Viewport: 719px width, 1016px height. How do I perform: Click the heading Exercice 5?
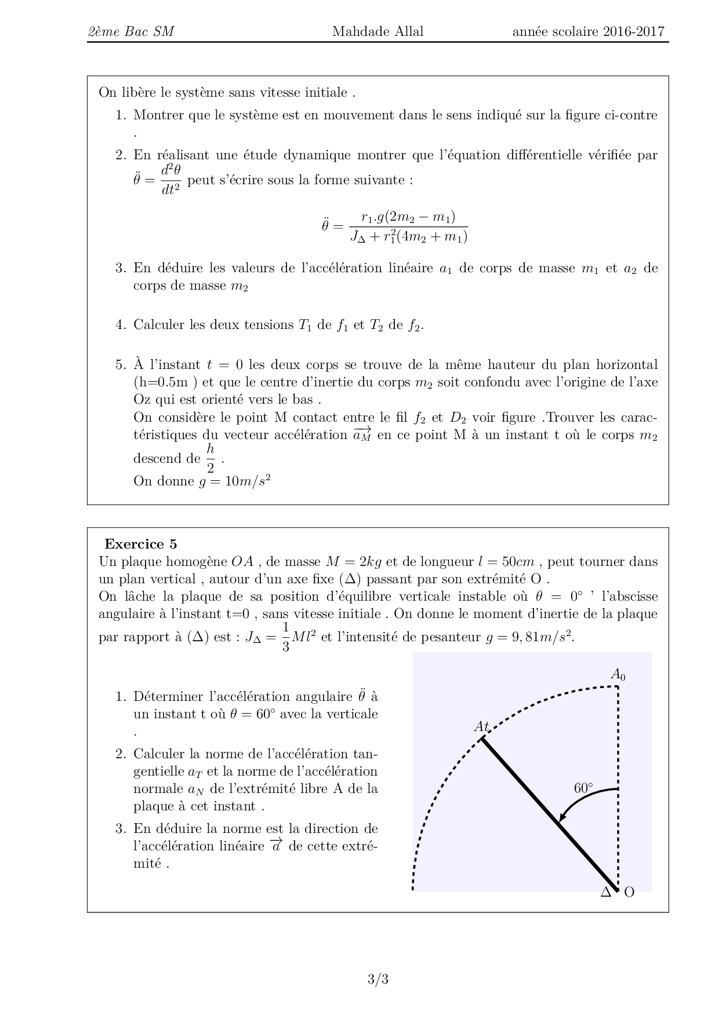point(140,544)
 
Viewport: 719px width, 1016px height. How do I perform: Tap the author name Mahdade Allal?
point(377,31)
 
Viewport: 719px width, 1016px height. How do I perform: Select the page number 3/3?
point(377,980)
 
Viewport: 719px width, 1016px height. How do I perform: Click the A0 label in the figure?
point(618,674)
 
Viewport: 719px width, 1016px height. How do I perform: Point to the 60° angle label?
point(583,788)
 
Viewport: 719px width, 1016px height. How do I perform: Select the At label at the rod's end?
point(482,726)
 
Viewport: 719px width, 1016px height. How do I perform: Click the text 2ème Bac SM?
point(130,31)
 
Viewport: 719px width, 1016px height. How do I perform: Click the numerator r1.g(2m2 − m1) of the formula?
point(408,217)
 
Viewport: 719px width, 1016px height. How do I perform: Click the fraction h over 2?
point(210,458)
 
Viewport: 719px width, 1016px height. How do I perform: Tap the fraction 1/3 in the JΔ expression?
point(285,637)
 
